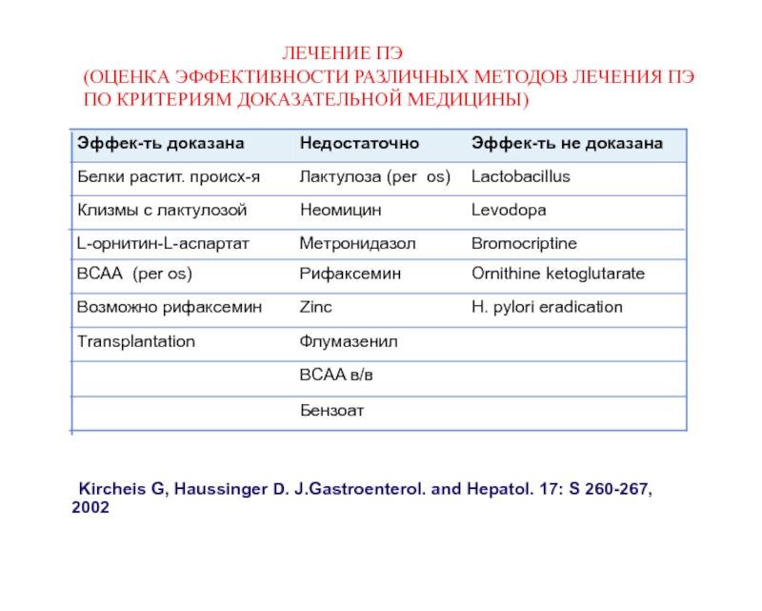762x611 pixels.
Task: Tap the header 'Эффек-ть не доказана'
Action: (567, 144)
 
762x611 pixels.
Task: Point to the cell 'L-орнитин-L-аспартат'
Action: (163, 243)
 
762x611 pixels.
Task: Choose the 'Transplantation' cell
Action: (135, 340)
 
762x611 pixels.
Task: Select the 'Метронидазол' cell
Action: (357, 243)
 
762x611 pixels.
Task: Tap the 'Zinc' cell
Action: (316, 307)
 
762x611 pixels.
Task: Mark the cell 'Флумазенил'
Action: (348, 340)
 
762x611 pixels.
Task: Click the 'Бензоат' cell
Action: (332, 411)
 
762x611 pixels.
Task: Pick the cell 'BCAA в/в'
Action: (335, 376)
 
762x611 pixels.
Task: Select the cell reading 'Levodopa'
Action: (509, 210)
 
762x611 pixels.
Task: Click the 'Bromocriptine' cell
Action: (524, 243)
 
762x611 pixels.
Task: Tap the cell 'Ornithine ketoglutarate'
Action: (558, 274)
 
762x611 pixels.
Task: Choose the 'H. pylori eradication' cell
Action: (547, 307)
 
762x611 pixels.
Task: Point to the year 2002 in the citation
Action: (90, 507)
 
